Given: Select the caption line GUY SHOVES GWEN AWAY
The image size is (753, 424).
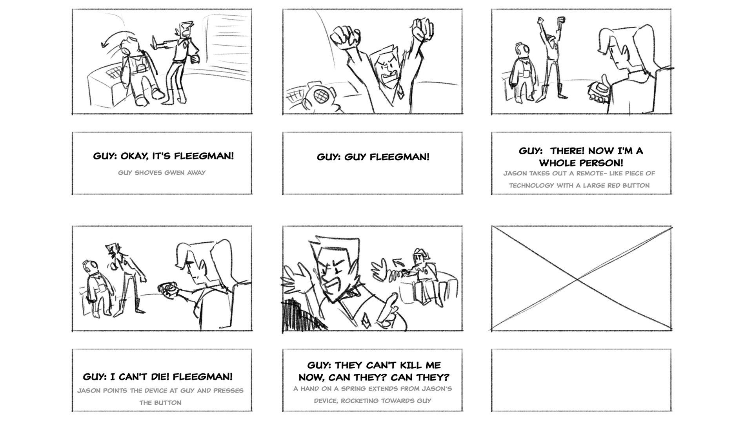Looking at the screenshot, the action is coord(162,173).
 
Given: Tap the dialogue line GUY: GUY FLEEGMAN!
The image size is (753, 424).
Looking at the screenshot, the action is coord(373,157).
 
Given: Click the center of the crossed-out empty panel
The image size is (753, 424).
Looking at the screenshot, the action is coord(581,279).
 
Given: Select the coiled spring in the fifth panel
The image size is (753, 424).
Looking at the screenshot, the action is coord(395,276).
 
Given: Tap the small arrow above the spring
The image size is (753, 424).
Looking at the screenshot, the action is coord(398,261).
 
